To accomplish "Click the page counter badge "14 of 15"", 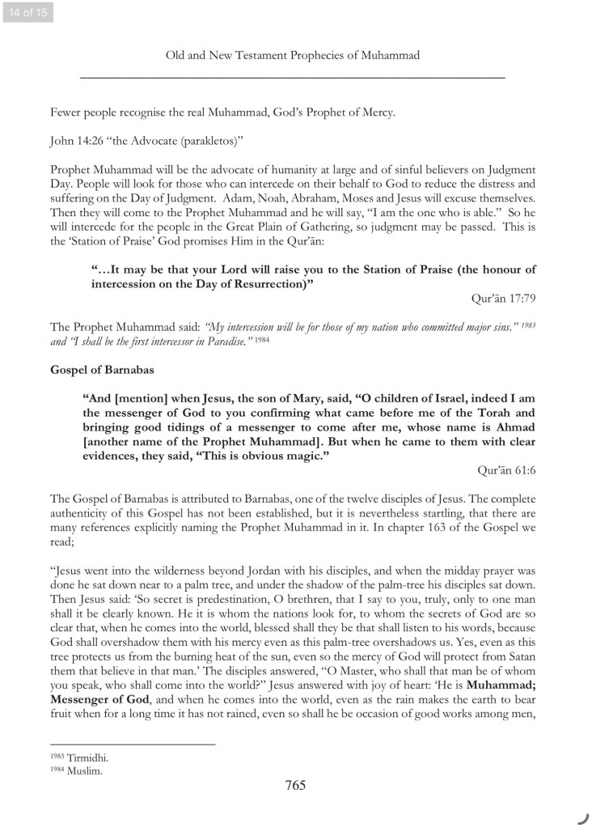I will point(27,12).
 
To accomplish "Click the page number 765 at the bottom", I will point(295,784).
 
